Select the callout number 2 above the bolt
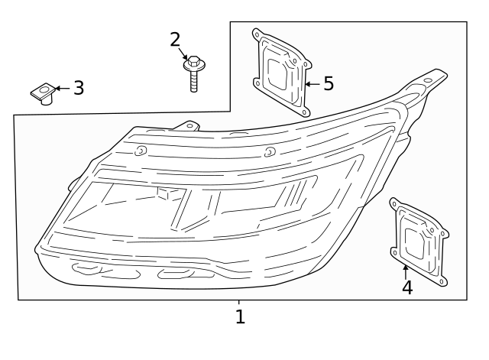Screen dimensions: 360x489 click(175, 39)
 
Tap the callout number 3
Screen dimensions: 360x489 click(78, 88)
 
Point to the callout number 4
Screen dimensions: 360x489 click(406, 287)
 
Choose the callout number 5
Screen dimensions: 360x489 click(328, 83)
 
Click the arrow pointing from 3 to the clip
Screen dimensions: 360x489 click(61, 89)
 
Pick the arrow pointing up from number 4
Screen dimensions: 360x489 click(406, 270)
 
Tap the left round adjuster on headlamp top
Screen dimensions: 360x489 click(140, 151)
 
